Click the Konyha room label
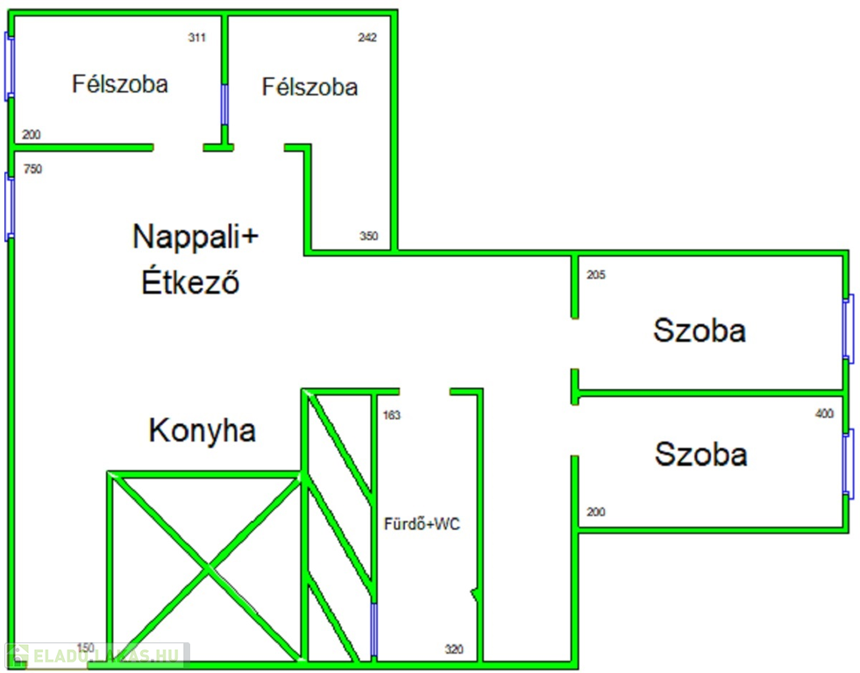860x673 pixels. (203, 431)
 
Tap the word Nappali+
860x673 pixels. (196, 237)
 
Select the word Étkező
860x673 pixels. (191, 283)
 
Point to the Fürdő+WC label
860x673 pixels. (423, 525)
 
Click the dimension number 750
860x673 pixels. (32, 170)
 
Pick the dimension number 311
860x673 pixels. (197, 38)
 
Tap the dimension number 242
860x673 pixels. (367, 38)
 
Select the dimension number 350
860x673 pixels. (368, 237)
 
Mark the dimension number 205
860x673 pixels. (596, 275)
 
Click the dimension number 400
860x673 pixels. (824, 414)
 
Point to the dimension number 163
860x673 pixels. (392, 415)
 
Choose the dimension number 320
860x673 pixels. (454, 650)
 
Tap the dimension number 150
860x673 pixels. (86, 648)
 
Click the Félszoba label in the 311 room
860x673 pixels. (120, 84)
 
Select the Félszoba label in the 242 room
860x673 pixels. (310, 88)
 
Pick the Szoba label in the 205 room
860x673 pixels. (700, 331)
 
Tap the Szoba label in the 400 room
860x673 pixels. (701, 455)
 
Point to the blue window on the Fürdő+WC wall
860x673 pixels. (374, 630)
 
